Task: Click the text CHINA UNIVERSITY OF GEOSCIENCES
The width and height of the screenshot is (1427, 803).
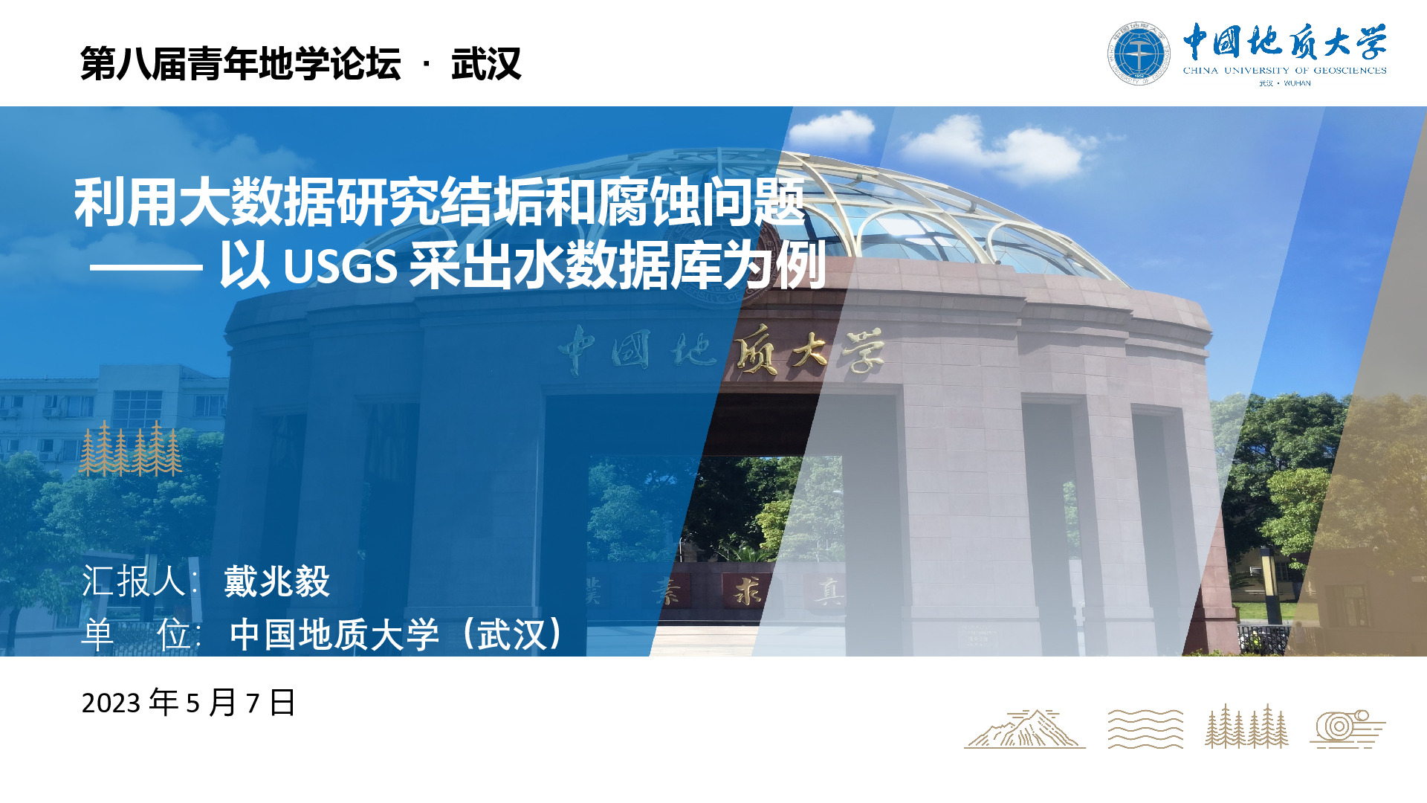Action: (1284, 71)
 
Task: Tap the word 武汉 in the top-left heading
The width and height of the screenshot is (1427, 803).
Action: (486, 63)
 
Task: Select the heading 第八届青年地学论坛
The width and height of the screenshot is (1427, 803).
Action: (241, 63)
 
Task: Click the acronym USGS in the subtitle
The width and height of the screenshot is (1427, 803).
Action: (340, 266)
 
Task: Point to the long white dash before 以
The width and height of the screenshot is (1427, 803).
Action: (146, 267)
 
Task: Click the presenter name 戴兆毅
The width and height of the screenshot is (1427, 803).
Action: (276, 581)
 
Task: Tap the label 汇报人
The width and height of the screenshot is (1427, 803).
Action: (134, 581)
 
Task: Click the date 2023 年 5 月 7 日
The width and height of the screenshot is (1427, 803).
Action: (189, 703)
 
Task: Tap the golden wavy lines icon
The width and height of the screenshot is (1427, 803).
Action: (1145, 728)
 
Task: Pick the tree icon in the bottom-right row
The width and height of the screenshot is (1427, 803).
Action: (1246, 726)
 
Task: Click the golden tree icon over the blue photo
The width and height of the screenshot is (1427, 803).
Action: (131, 448)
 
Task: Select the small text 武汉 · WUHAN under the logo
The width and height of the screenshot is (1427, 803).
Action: (1285, 83)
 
